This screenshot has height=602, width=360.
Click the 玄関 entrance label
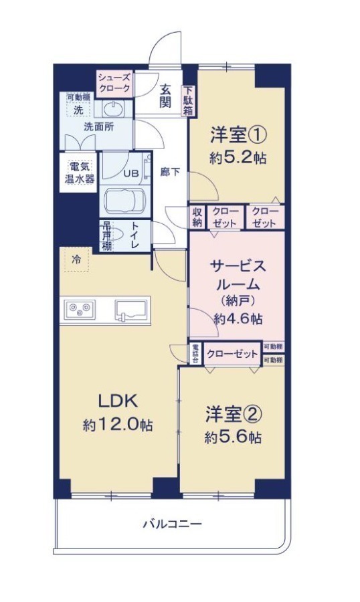[165, 96]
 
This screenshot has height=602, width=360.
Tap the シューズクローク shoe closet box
[115, 83]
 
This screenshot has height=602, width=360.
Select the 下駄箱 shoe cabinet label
[188, 101]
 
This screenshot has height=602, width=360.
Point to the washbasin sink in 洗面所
[113, 110]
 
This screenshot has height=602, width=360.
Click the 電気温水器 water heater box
[78, 173]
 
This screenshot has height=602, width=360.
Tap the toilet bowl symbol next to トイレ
[115, 235]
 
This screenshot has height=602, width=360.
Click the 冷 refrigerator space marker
[77, 259]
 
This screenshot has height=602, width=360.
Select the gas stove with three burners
[80, 308]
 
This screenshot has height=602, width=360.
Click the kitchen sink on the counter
[131, 310]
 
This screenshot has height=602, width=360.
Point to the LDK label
[117, 401]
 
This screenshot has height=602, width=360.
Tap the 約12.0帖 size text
[117, 425]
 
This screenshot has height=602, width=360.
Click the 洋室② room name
[234, 414]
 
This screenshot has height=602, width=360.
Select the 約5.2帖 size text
[238, 158]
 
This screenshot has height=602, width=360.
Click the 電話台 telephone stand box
[195, 353]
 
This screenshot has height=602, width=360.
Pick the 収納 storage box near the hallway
[197, 217]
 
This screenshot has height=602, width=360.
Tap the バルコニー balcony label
[173, 524]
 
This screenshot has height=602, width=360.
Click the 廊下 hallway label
[170, 173]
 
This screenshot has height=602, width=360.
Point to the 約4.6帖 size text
[238, 318]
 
